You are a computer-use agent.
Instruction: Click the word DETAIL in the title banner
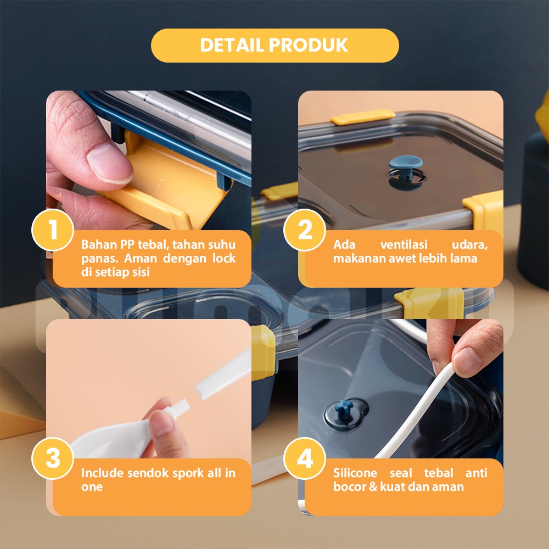232,45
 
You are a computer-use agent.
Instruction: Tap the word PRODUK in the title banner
309,45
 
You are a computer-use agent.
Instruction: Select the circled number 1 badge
53,230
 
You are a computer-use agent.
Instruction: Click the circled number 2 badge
305,230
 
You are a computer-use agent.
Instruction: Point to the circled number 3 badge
53,458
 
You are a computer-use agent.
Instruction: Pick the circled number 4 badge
305,458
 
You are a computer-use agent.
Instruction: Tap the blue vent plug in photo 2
406,169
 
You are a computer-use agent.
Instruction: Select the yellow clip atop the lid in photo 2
363,117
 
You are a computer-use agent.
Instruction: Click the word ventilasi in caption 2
404,244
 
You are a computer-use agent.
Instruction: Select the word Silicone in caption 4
355,473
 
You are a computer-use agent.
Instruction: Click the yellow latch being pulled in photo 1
165,182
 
